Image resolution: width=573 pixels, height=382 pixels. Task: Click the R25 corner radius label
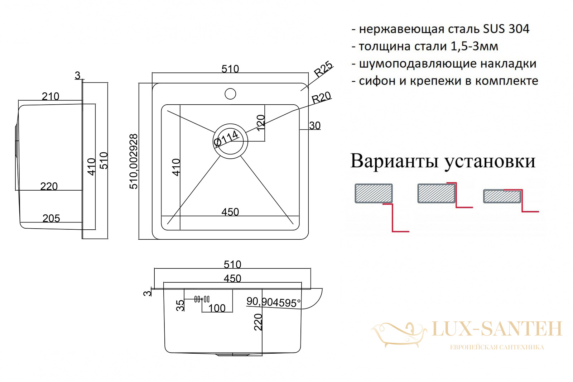pyautogui.click(x=323, y=69)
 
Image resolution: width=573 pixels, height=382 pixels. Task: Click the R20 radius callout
pyautogui.click(x=321, y=97)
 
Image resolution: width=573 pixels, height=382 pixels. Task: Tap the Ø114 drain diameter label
pyautogui.click(x=226, y=139)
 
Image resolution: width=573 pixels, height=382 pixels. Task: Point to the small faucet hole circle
pyautogui.click(x=230, y=94)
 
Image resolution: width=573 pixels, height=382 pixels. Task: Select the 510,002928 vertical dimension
pyautogui.click(x=134, y=162)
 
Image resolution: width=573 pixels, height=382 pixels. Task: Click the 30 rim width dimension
pyautogui.click(x=315, y=126)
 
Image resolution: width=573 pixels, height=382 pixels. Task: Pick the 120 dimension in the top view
pyautogui.click(x=260, y=123)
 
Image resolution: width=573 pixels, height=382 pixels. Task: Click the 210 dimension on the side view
pyautogui.click(x=50, y=96)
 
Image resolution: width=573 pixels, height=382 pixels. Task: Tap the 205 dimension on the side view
pyautogui.click(x=51, y=218)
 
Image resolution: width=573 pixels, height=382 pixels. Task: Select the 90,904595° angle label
pyautogui.click(x=273, y=302)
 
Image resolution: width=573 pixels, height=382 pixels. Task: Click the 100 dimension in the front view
pyautogui.click(x=217, y=308)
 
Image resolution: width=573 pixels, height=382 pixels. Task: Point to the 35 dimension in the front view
pyautogui.click(x=180, y=305)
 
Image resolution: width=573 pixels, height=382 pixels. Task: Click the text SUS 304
pyautogui.click(x=506, y=29)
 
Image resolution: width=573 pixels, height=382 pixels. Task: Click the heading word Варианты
pyautogui.click(x=394, y=161)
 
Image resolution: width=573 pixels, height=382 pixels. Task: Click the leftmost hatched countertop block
pyautogui.click(x=374, y=193)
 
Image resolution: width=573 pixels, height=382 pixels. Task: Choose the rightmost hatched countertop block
pyautogui.click(x=502, y=196)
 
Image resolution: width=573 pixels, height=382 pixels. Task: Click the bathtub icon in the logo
pyautogui.click(x=399, y=335)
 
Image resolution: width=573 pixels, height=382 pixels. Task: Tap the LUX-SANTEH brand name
pyautogui.click(x=497, y=329)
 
